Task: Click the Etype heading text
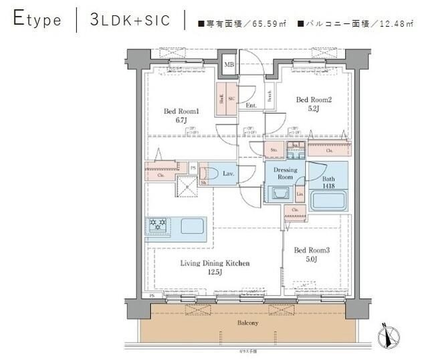37,20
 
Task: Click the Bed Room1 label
182,111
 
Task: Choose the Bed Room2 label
314,100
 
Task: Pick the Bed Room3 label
312,250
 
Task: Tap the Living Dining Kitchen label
214,264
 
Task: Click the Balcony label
247,323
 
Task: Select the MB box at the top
229,64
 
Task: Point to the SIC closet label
231,98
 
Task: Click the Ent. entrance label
251,106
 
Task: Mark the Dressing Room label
285,174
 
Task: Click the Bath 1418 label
329,183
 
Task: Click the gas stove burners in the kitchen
158,226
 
